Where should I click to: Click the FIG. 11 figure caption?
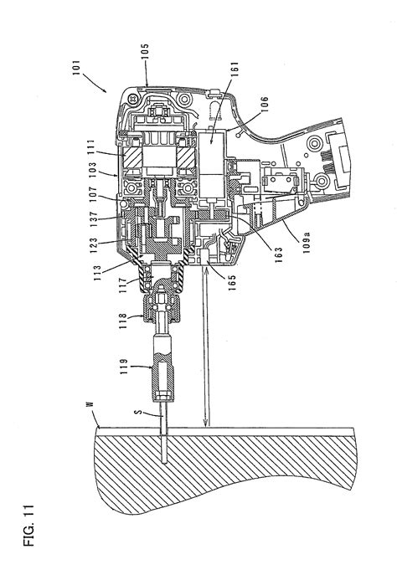pyautogui.click(x=28, y=525)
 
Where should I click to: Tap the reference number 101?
pyautogui.click(x=76, y=68)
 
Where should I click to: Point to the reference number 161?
pyautogui.click(x=234, y=69)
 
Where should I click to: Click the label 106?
pyautogui.click(x=264, y=105)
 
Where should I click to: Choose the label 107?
pyautogui.click(x=92, y=194)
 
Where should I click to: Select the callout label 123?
pyautogui.click(x=93, y=245)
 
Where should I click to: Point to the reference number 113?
pyautogui.click(x=97, y=273)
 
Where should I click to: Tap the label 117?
pyautogui.click(x=122, y=285)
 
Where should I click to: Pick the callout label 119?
pyautogui.click(x=123, y=367)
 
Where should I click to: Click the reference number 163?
pyautogui.click(x=279, y=254)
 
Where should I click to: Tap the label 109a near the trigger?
pyautogui.click(x=307, y=243)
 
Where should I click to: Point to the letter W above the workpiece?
pyautogui.click(x=89, y=404)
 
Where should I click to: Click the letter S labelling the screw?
pyautogui.click(x=138, y=411)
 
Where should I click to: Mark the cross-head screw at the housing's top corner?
pyautogui.click(x=133, y=99)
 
